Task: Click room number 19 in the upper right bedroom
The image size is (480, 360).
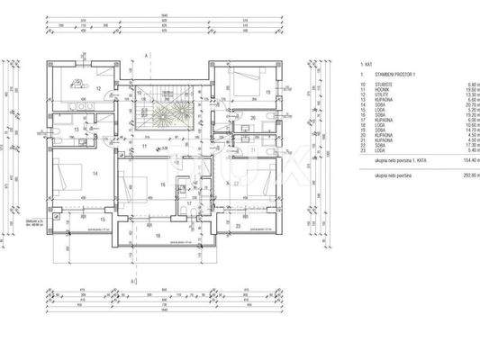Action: (268, 92)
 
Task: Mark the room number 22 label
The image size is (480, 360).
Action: (236, 184)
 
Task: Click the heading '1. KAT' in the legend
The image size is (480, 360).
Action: (367, 66)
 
